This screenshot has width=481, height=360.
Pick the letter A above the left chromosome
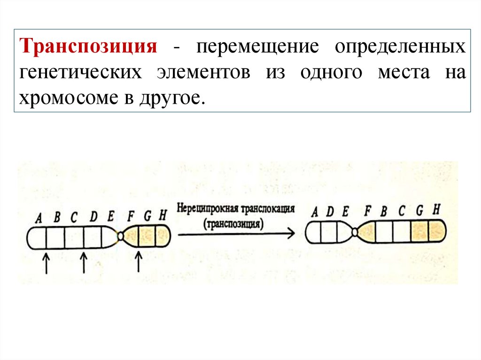point(39,217)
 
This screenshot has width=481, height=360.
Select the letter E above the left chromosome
point(110,216)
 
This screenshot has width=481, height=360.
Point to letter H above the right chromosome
point(436,209)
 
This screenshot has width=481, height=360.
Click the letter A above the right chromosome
point(314,212)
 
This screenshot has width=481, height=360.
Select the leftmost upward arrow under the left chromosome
point(46,263)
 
